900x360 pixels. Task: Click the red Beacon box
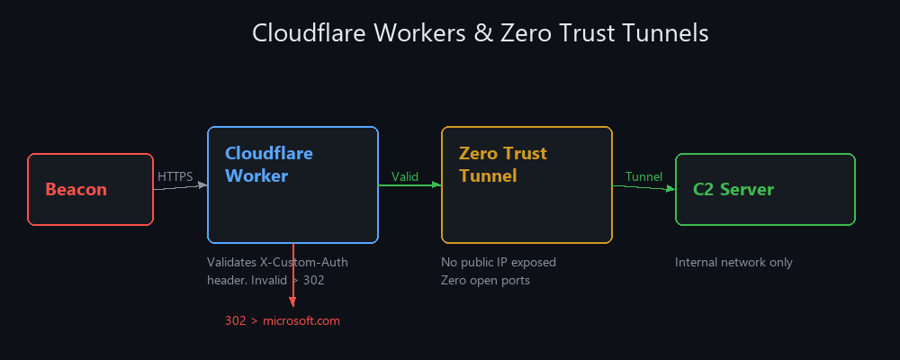[90, 190]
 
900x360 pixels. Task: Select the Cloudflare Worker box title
[269, 165]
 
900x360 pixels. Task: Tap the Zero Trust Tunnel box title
[502, 165]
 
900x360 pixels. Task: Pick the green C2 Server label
[733, 190]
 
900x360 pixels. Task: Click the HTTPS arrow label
[175, 176]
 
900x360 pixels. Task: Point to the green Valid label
[405, 176]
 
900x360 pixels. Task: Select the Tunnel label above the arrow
[643, 176]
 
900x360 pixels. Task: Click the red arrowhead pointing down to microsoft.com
[292, 301]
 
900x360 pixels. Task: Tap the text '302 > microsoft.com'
[283, 320]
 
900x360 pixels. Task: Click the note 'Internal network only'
[733, 263]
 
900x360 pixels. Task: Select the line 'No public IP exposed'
[499, 263]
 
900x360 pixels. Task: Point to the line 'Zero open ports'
[485, 280]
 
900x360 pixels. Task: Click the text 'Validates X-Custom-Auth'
[277, 263]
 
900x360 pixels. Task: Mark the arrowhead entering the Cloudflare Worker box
[202, 185]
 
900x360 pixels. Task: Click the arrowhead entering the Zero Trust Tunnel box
[436, 184]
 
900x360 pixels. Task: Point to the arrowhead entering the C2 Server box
[670, 189]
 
